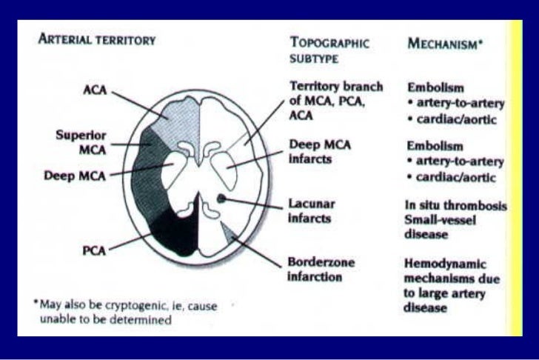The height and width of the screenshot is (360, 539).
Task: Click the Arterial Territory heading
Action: [x=97, y=41]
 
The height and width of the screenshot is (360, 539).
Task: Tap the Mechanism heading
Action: [x=445, y=44]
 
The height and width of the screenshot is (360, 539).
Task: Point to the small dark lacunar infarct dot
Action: [x=221, y=198]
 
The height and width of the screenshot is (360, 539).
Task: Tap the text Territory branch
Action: [x=336, y=87]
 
